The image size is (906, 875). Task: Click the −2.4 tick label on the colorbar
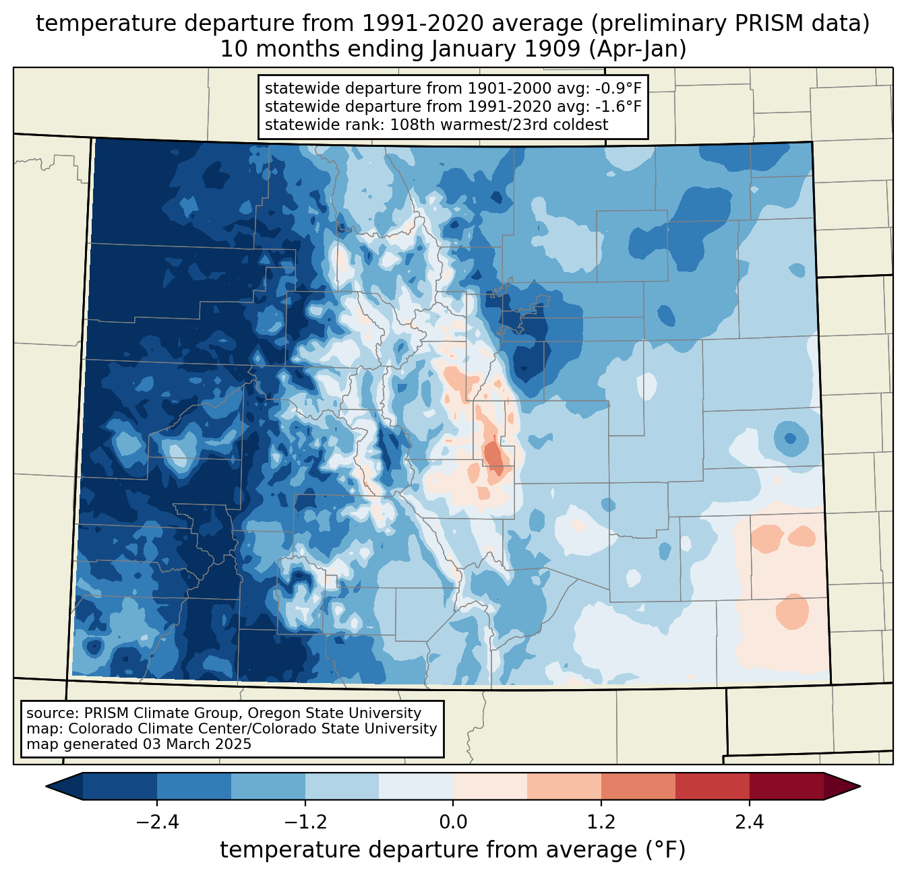coord(157,822)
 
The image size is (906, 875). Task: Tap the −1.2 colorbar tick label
coord(305,822)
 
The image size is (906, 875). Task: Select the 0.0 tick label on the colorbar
coord(453,822)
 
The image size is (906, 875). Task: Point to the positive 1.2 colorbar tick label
coord(601,822)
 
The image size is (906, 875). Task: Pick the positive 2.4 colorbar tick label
coord(749,822)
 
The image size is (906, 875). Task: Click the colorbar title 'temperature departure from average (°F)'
coord(453,850)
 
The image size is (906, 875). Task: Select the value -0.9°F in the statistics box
coord(618,88)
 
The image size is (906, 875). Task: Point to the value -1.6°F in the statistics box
coord(618,106)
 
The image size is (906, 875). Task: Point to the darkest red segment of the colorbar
coord(786,786)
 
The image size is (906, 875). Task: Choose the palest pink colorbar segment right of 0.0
coord(490,786)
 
